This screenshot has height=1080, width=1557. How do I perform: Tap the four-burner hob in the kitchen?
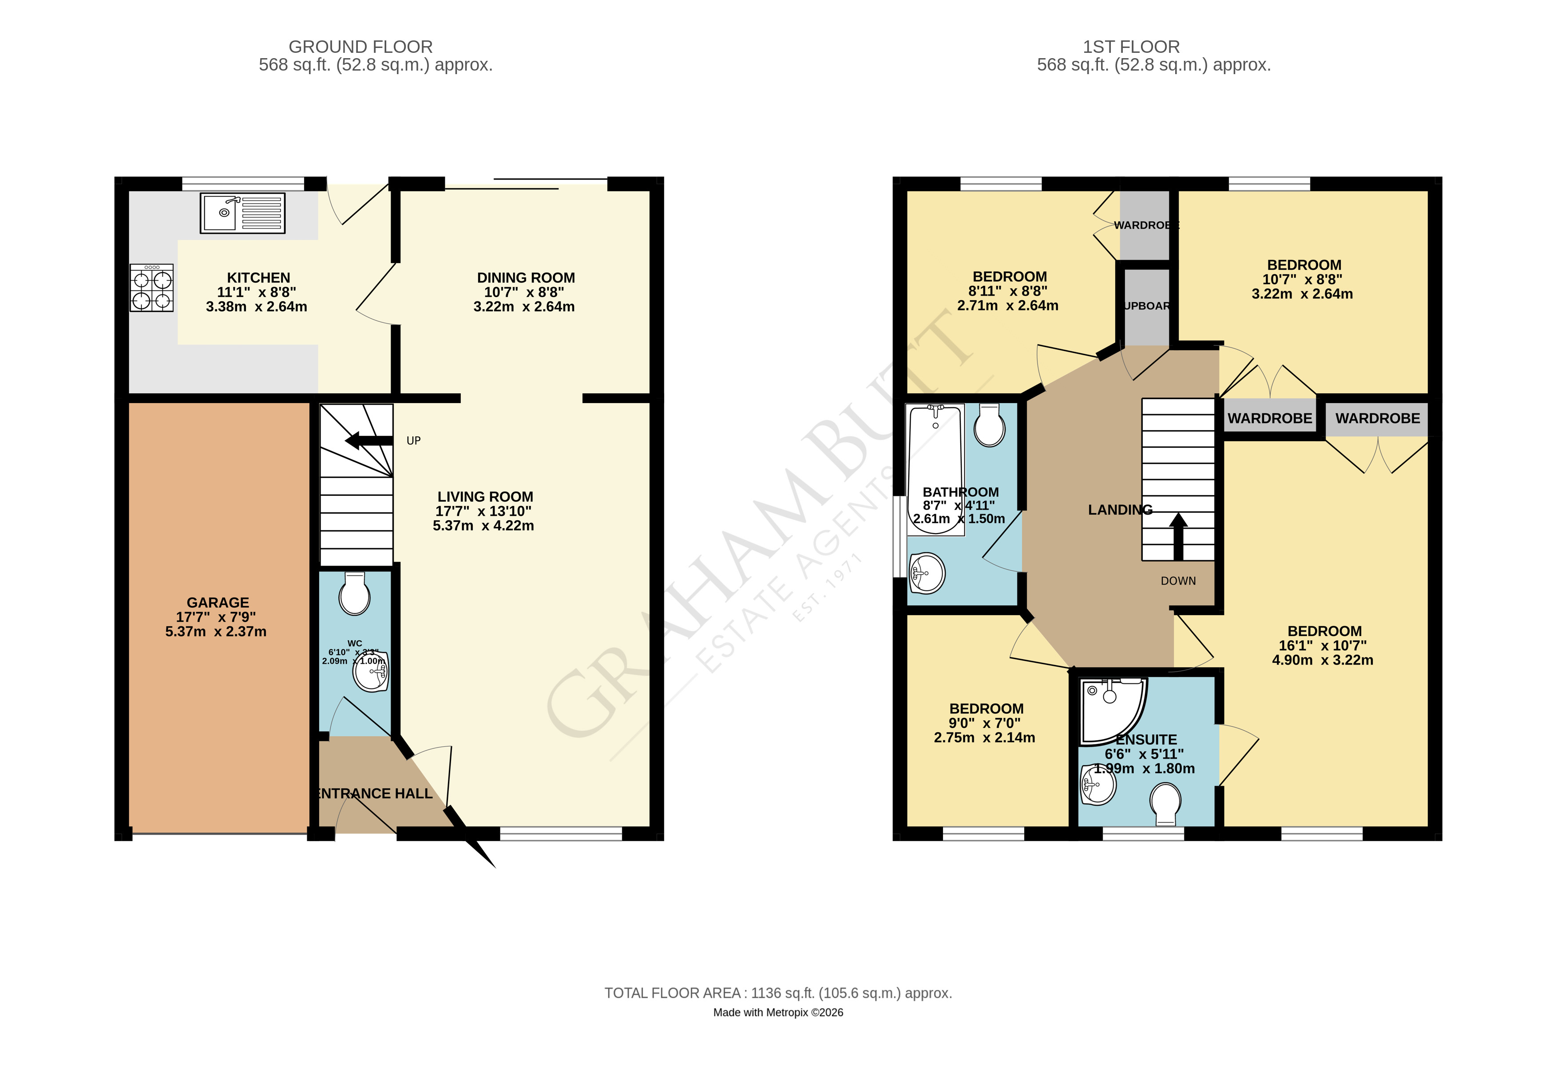pyautogui.click(x=151, y=288)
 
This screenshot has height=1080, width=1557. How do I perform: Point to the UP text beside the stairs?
pyautogui.click(x=413, y=440)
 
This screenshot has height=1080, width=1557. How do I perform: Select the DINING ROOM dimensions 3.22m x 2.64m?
pyautogui.click(x=524, y=307)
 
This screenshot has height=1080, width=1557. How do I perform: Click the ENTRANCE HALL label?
pyautogui.click(x=374, y=793)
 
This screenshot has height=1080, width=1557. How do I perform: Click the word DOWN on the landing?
pyautogui.click(x=1177, y=581)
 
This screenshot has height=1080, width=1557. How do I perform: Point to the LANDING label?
pyautogui.click(x=1119, y=510)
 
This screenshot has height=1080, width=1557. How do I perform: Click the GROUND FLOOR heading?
pyautogui.click(x=360, y=47)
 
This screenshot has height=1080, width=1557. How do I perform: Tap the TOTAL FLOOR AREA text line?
pyautogui.click(x=777, y=993)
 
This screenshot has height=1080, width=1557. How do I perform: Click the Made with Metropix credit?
pyautogui.click(x=777, y=1013)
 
